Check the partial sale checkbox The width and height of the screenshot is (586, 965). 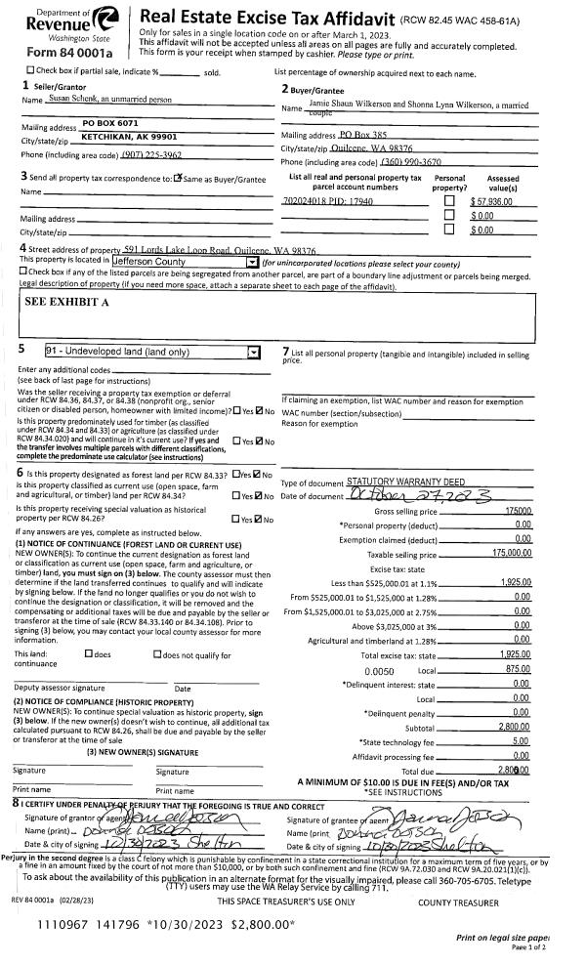tap(29, 71)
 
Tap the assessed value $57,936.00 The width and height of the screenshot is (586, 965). tap(493, 200)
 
